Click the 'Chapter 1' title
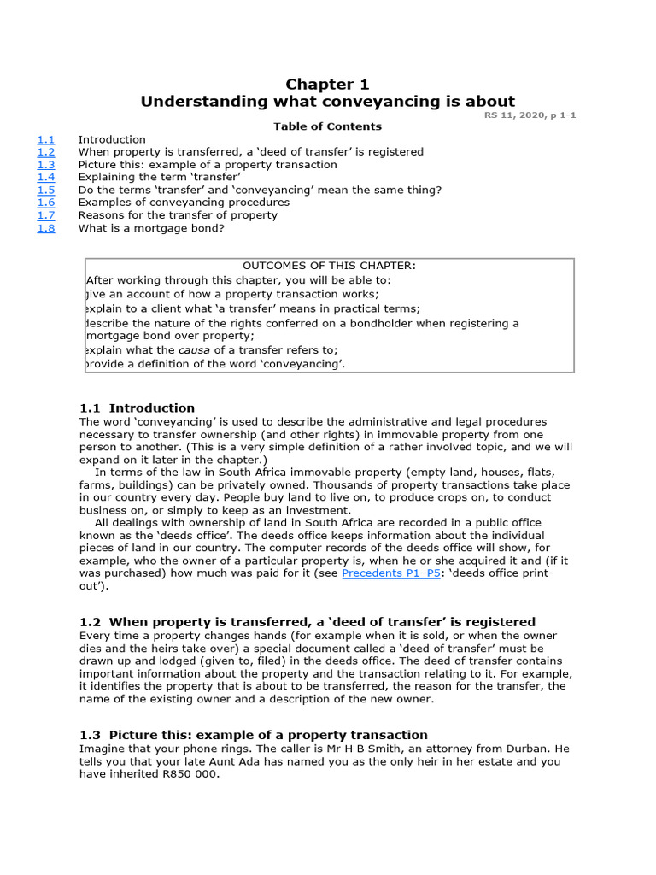(327, 84)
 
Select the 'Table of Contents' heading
(327, 126)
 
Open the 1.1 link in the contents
(45, 139)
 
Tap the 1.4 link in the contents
(45, 177)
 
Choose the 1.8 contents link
(45, 228)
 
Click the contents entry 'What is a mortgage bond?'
(151, 228)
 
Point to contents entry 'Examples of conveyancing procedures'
(184, 203)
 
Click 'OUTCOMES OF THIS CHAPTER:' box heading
(330, 266)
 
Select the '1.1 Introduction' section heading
(137, 408)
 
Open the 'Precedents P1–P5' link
(391, 573)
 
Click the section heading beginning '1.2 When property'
(307, 622)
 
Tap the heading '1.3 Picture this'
(253, 735)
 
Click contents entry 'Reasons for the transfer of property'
(178, 215)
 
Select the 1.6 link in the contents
(45, 203)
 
